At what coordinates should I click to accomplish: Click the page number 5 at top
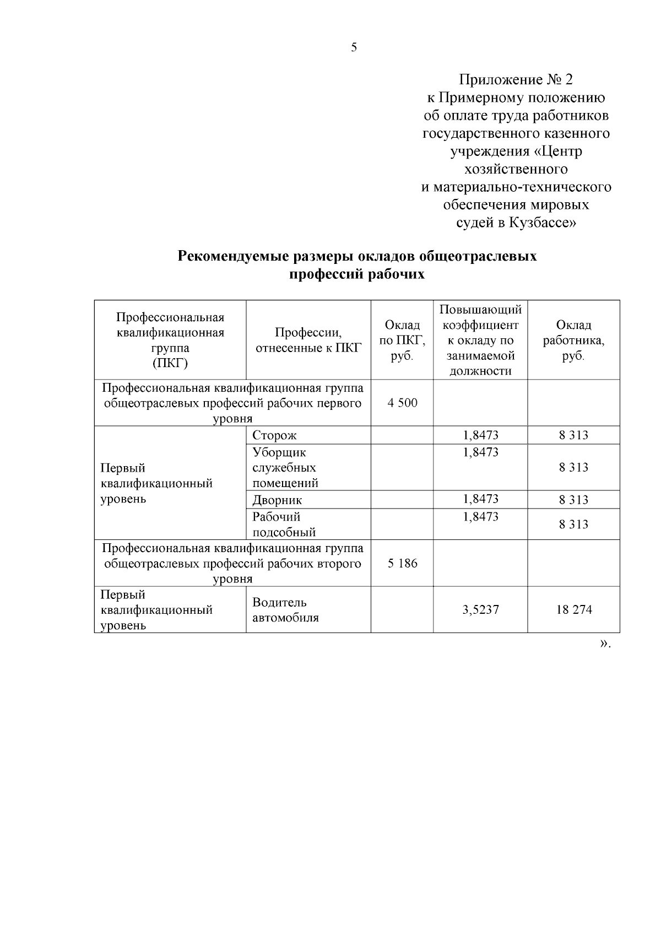point(354,48)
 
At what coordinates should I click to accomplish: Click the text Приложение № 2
point(516,80)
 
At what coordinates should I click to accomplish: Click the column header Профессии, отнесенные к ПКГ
point(308,340)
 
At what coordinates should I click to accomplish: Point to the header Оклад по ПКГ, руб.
point(402,340)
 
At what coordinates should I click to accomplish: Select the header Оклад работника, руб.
point(573,340)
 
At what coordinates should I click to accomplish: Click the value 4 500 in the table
point(402,403)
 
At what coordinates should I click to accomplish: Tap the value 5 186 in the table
point(402,564)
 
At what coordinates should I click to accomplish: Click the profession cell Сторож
point(274,435)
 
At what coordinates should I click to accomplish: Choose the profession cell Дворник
point(277,500)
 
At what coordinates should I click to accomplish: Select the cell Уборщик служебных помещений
point(285,468)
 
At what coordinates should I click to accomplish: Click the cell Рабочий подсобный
point(284,524)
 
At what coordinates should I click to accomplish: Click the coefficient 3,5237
point(480,610)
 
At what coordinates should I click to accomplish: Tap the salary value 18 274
point(573,610)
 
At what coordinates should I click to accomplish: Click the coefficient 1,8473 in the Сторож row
point(480,435)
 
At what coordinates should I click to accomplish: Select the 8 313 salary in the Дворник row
point(573,500)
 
